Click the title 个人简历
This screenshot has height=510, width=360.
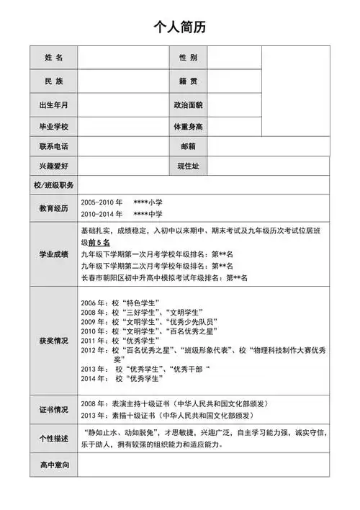coord(179,27)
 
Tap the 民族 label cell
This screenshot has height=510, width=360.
coord(53,81)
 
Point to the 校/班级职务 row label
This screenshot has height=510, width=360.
coord(53,185)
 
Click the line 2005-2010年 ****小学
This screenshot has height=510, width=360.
coord(122,203)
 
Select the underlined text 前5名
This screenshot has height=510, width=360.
coord(99,243)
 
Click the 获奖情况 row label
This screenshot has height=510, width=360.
coord(53,340)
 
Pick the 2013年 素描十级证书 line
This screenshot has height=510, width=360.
coord(166,416)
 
